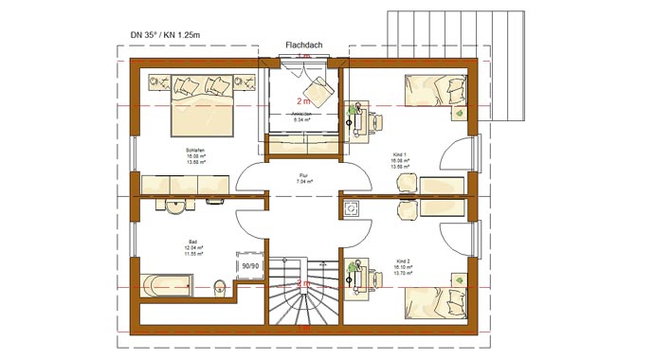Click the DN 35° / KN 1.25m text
click(170, 36)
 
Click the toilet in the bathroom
click(220, 284)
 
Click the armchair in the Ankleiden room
click(319, 90)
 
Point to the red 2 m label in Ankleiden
click(303, 100)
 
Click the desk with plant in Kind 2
click(356, 274)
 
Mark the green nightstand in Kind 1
click(460, 113)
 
